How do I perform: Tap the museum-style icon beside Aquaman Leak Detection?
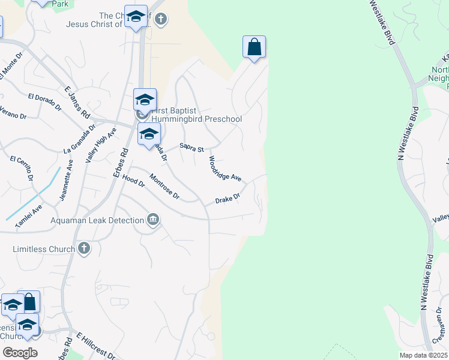[153, 220]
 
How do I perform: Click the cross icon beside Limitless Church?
[83, 248]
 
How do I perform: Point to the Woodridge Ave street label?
[224, 169]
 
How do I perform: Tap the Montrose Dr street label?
[164, 186]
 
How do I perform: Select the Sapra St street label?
[192, 148]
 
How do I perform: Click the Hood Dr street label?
[133, 180]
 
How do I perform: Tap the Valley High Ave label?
[100, 145]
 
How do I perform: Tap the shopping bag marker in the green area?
[254, 47]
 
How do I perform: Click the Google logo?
[20, 353]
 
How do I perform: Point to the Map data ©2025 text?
[423, 355]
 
